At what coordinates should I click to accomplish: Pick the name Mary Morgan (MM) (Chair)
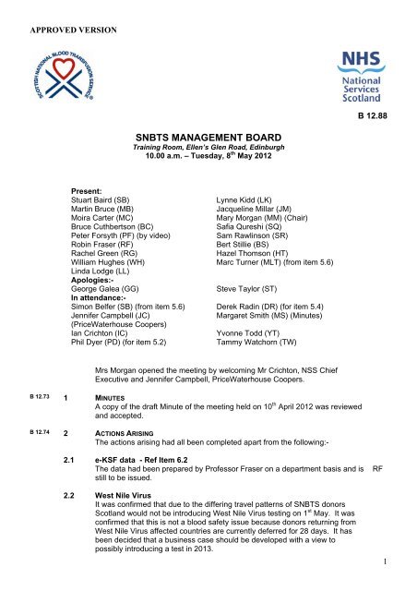pos(266,219)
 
